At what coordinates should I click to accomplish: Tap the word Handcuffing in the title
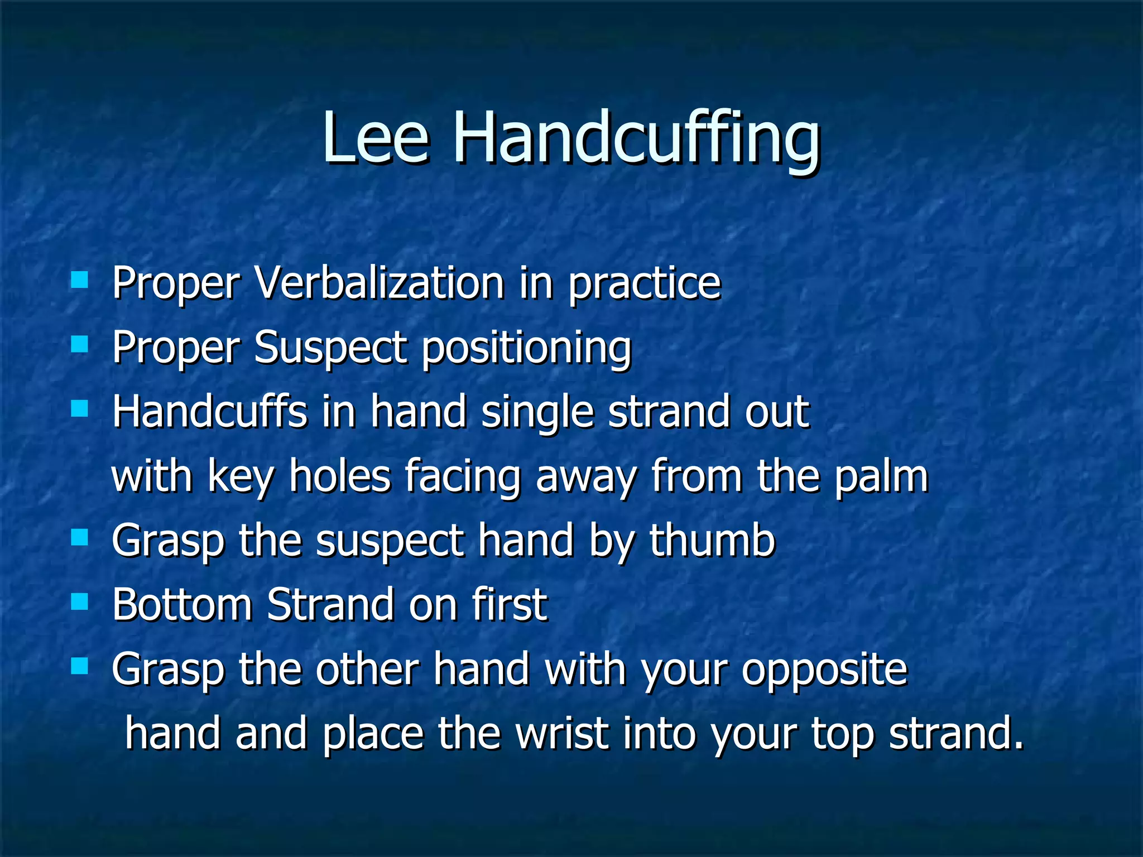pyautogui.click(x=636, y=139)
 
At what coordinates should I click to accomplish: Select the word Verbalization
pyautogui.click(x=380, y=283)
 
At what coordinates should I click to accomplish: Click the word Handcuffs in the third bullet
pyautogui.click(x=209, y=411)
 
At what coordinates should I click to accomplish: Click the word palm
pyautogui.click(x=881, y=478)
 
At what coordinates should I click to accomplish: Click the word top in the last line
pyautogui.click(x=842, y=734)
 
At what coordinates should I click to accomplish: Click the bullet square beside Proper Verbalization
pyautogui.click(x=80, y=280)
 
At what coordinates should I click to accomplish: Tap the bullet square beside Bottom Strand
pyautogui.click(x=80, y=601)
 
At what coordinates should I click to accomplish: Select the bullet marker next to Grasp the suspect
pyautogui.click(x=80, y=537)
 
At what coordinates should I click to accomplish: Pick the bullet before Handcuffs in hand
pyautogui.click(x=80, y=408)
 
